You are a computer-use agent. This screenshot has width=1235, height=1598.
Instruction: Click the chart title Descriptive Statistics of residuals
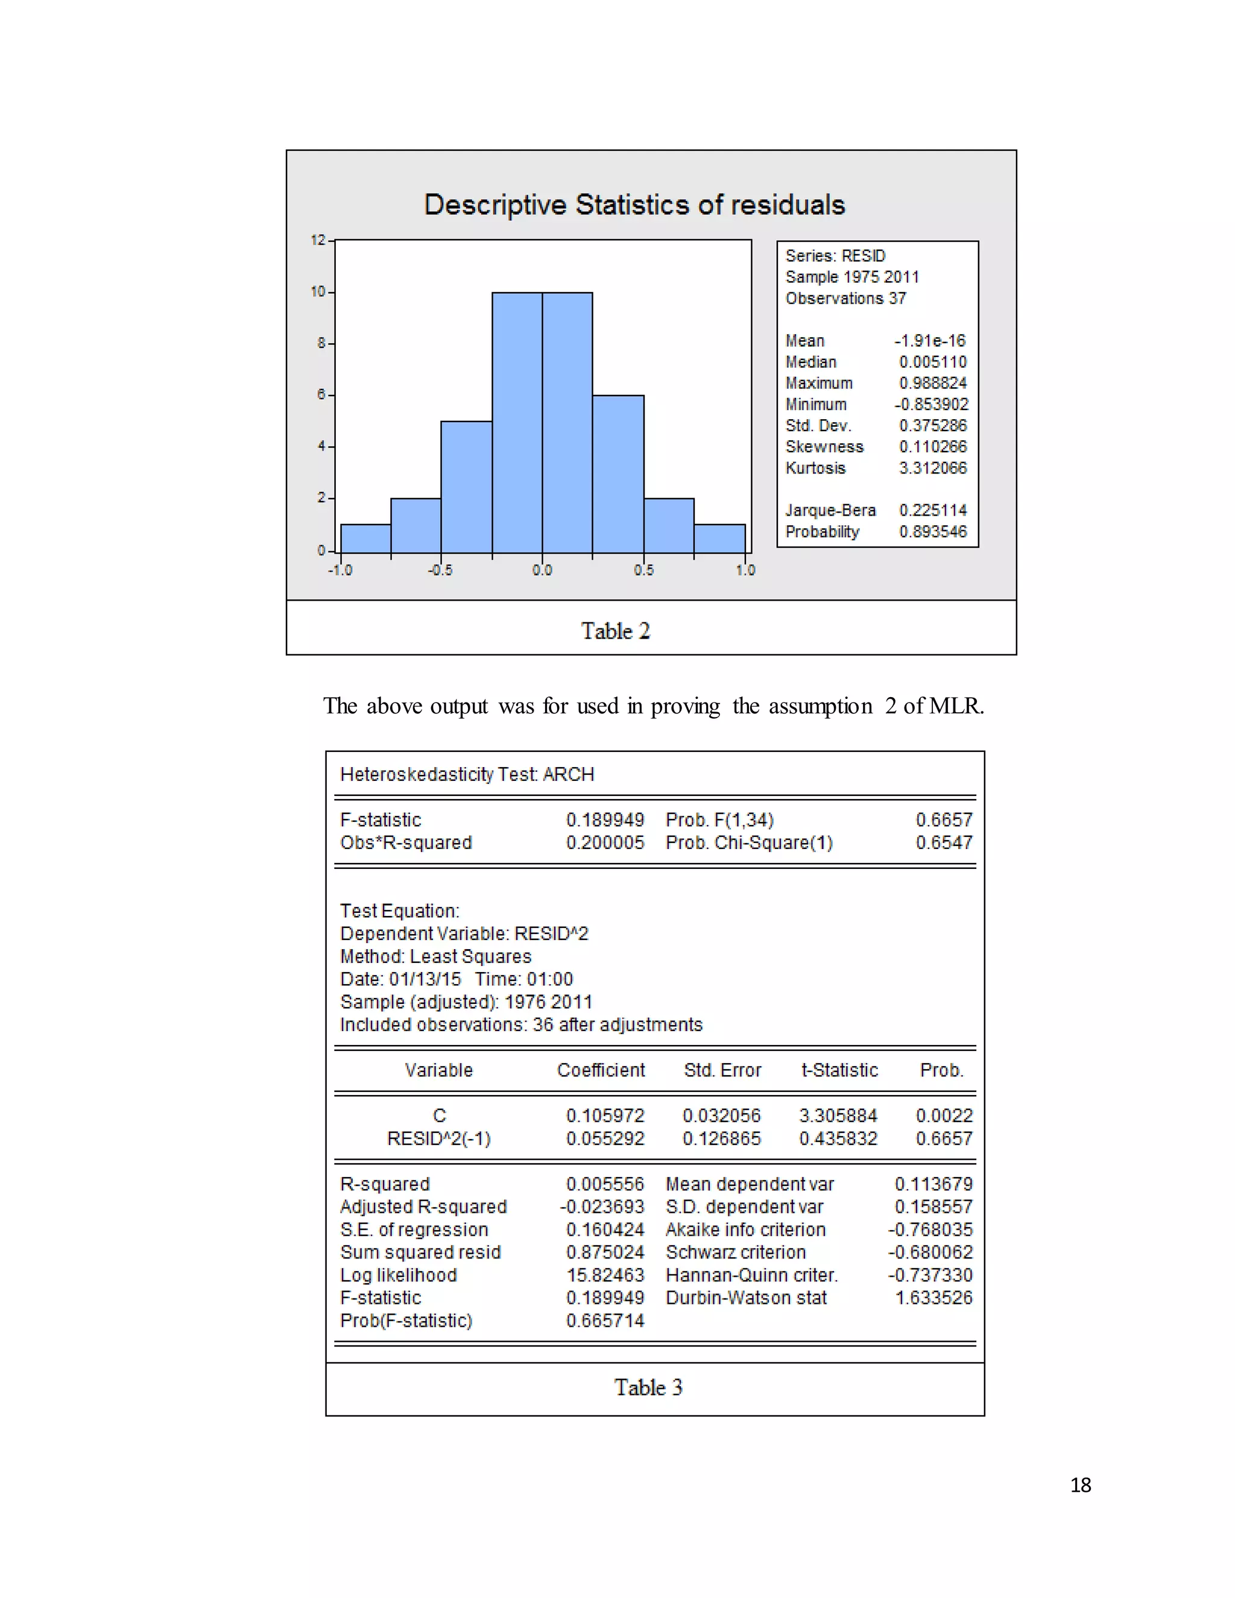point(634,205)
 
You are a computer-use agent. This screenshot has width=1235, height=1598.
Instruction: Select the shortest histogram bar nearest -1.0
point(366,538)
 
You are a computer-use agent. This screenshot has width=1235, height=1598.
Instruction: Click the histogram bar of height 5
point(466,487)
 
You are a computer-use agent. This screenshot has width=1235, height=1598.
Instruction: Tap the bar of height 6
point(618,473)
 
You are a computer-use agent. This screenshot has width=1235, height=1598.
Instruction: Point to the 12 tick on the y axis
point(318,240)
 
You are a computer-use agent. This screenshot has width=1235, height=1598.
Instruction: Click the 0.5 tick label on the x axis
point(644,570)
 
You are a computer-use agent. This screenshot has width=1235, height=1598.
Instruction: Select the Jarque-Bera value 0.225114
point(933,510)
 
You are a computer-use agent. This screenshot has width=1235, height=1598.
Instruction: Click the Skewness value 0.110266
point(933,446)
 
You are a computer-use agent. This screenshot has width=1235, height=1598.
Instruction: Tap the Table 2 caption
point(615,631)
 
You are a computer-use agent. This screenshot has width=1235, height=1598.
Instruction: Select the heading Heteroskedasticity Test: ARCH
point(467,774)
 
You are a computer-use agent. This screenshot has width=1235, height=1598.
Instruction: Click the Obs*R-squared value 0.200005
point(605,842)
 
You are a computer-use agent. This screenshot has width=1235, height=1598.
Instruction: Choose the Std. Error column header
point(722,1070)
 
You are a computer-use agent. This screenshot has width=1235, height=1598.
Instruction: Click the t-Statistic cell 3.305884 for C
point(838,1115)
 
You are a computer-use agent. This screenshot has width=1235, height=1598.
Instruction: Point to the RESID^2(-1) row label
point(438,1138)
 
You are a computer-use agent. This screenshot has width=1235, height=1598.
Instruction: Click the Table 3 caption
point(648,1388)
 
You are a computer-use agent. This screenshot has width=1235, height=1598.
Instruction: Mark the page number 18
point(1080,1485)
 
